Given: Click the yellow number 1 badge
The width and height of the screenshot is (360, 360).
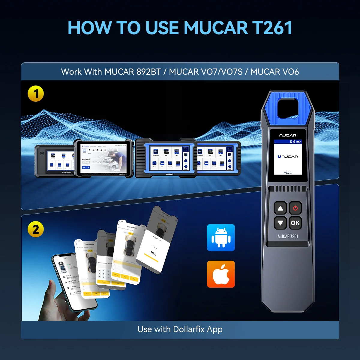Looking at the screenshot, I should point(36,94).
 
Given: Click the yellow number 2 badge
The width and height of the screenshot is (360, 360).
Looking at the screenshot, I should point(36,229).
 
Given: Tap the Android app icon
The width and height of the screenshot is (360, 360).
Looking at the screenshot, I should point(221,238).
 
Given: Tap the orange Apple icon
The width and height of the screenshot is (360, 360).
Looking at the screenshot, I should point(221,274).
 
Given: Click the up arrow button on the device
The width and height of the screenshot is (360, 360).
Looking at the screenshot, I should point(280,208).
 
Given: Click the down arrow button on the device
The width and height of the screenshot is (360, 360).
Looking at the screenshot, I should point(280,223).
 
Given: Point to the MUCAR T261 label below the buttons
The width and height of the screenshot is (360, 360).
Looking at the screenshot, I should point(288,236).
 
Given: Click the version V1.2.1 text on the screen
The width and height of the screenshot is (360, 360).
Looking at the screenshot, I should point(288,173).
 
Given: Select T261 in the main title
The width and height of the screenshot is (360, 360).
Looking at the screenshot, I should point(272,28).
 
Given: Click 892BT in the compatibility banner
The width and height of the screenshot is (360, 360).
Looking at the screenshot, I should point(148,72).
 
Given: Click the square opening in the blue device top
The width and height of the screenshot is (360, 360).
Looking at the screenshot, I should point(288,108).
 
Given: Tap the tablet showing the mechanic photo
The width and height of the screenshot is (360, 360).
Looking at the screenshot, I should point(104,158).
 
